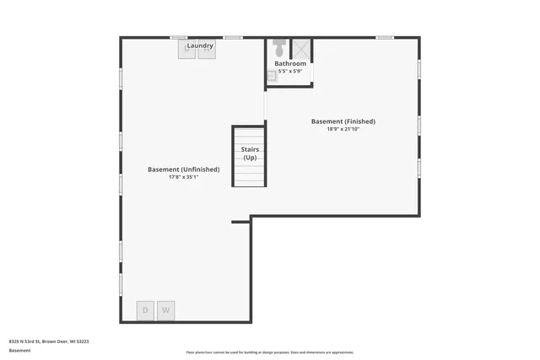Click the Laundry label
point(200,46)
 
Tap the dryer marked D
point(145,310)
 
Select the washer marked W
point(166,310)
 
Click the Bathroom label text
point(290,63)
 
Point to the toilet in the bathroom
point(280,48)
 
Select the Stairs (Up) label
point(250,153)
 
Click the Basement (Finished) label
point(343,121)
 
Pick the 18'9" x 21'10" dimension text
point(343,130)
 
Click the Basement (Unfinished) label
point(183,169)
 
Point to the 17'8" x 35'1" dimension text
point(183,178)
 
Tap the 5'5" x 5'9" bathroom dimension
point(290,72)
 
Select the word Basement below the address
point(19,350)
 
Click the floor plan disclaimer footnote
point(270,352)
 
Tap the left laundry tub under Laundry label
point(187,51)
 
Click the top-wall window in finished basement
point(385,37)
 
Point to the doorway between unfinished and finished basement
point(266,105)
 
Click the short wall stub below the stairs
point(240,222)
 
